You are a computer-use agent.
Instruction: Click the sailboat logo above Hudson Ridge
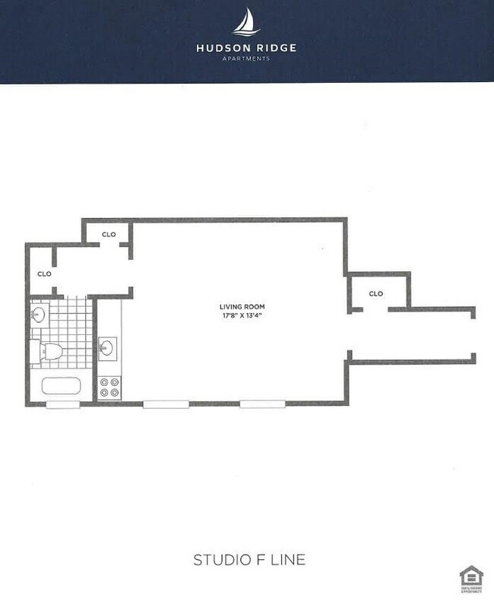tap(246, 22)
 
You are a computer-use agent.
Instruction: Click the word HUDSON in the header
tap(220, 47)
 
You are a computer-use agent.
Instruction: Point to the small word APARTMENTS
tap(246, 58)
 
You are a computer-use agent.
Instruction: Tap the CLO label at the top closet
tap(109, 234)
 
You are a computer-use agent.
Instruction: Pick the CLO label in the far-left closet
tap(44, 274)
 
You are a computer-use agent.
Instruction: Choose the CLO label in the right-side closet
tap(375, 293)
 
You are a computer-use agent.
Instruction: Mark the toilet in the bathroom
tap(51, 350)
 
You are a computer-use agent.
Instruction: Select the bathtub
tap(61, 385)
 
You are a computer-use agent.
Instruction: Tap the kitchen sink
tap(108, 348)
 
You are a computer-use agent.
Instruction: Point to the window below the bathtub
tap(61, 404)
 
